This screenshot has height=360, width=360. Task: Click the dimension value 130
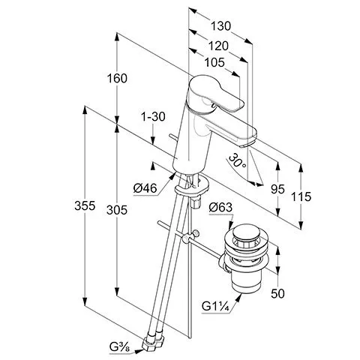[220, 26]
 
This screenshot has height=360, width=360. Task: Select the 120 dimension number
[218, 46]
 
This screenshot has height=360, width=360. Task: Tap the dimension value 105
[214, 62]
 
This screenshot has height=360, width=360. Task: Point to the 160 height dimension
[117, 78]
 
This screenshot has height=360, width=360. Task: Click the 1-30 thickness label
[153, 116]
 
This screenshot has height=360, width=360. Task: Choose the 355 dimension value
[85, 205]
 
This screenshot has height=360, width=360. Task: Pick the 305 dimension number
[117, 210]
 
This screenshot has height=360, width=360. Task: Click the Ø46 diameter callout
[145, 188]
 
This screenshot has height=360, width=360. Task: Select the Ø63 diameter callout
[220, 207]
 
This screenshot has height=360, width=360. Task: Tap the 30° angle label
[237, 160]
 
